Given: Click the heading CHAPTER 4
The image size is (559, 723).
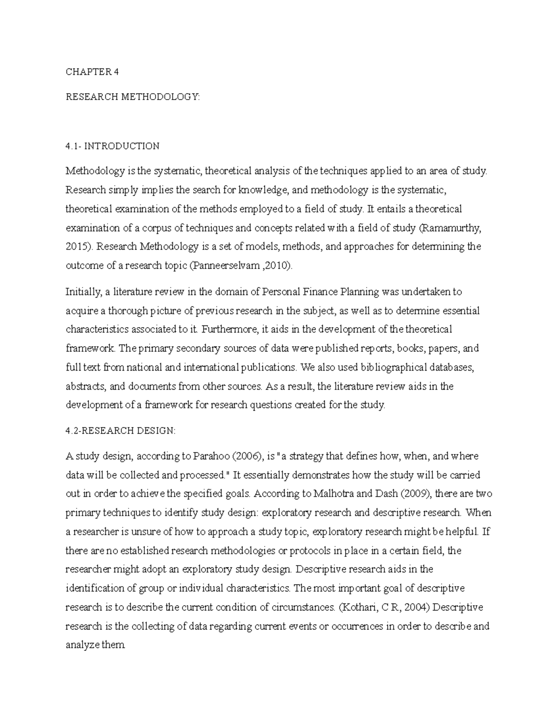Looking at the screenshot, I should point(92,72).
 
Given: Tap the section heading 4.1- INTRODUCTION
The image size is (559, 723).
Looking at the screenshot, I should point(112,146).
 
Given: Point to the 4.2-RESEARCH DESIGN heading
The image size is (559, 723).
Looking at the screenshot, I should point(121,431).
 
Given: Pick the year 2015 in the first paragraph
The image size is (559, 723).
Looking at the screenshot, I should point(75,247).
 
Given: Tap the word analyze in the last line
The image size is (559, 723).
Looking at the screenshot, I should point(81,646).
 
